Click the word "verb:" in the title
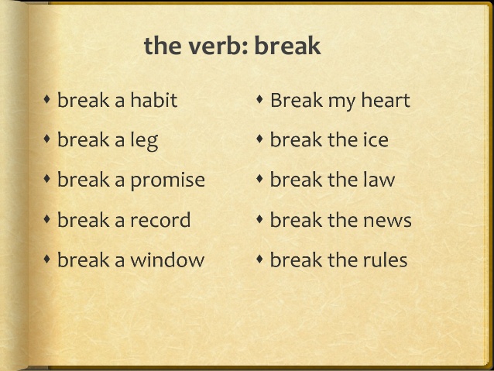pyautogui.click(x=218, y=46)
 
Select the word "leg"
pyautogui.click(x=144, y=141)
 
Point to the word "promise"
pyautogui.click(x=167, y=180)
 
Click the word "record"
pyautogui.click(x=160, y=220)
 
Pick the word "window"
pyautogui.click(x=167, y=260)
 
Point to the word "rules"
pyautogui.click(x=383, y=260)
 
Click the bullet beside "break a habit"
pyautogui.click(x=47, y=99)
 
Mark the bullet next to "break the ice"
pyautogui.click(x=260, y=139)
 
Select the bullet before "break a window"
pyautogui.click(x=47, y=259)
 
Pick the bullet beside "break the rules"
pyautogui.click(x=260, y=259)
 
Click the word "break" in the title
pyautogui.click(x=287, y=46)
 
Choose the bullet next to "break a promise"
pyautogui.click(x=47, y=180)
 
